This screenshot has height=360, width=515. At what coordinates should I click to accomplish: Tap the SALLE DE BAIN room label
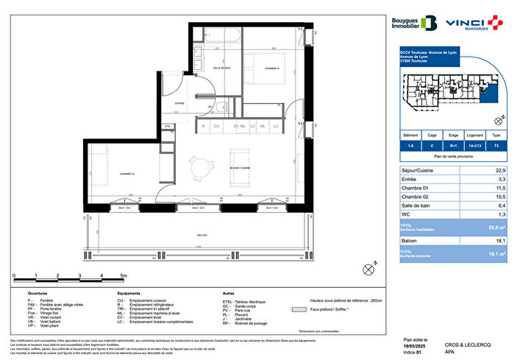click(222, 68)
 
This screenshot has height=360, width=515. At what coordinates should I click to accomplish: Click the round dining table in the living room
click(198, 169)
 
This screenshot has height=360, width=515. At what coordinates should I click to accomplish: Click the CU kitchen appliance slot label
click(217, 127)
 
